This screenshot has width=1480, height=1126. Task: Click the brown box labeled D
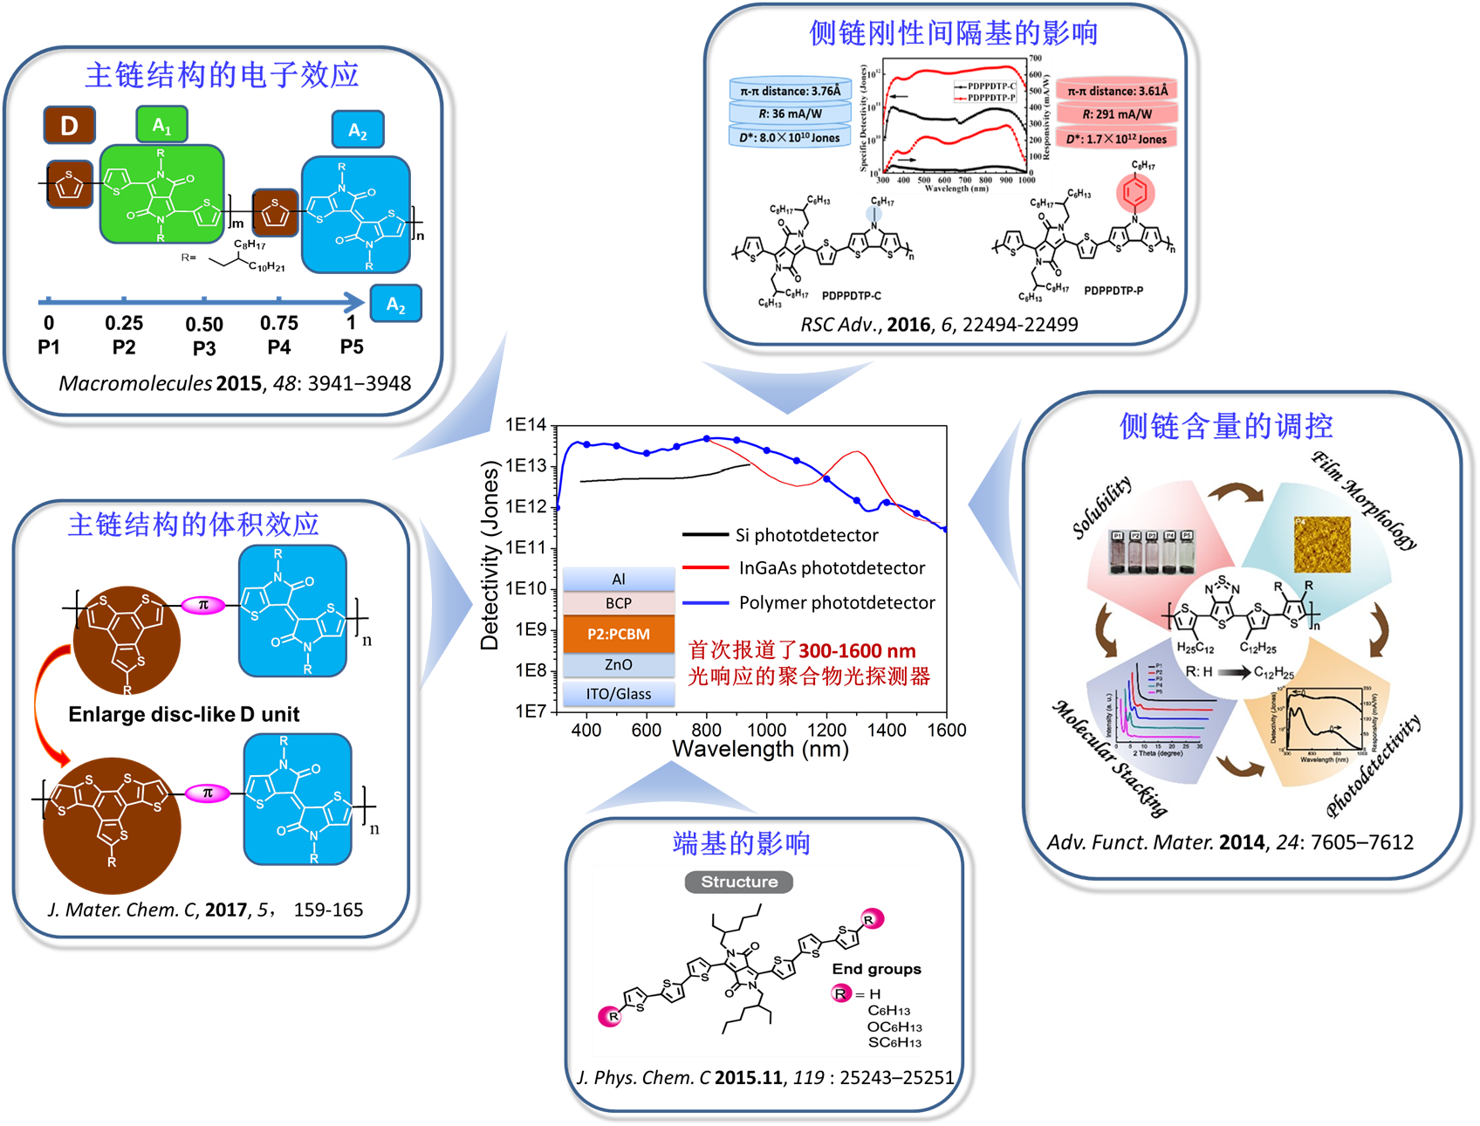[x=69, y=126]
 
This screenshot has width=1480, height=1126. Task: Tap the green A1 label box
[x=162, y=125]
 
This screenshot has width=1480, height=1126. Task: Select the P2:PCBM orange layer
[x=619, y=635]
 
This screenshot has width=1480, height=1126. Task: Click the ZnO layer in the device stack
[x=619, y=665]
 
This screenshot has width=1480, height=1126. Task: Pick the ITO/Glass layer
[x=619, y=694]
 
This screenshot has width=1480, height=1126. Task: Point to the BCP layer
[x=619, y=603]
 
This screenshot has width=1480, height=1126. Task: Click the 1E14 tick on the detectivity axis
[x=525, y=425]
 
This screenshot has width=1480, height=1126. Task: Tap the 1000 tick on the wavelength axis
[x=766, y=730]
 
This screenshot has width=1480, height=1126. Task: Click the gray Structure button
[x=739, y=882]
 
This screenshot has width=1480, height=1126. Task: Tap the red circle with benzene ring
[x=1135, y=193]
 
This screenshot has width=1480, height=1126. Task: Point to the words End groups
[x=876, y=969]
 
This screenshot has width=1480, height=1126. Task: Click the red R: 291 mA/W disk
[x=1117, y=114]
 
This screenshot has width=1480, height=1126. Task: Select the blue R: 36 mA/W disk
[x=790, y=113]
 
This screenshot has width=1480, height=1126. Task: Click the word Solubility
[x=1102, y=506]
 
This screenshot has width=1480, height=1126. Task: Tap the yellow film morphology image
[x=1322, y=545]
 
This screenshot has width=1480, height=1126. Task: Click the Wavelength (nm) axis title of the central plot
[x=760, y=749]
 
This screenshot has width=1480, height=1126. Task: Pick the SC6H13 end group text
[x=894, y=1042]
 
